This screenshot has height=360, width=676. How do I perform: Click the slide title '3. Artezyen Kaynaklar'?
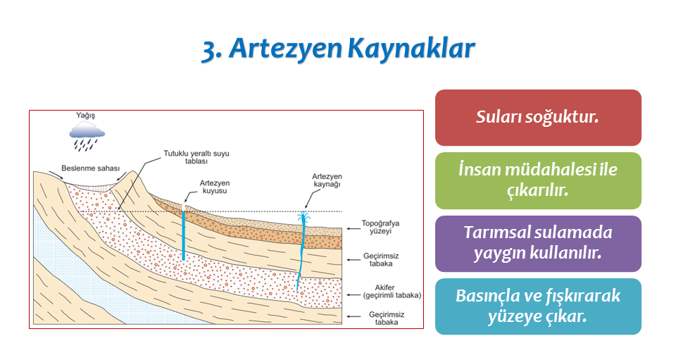point(339,49)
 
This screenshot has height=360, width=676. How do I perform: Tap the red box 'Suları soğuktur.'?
point(538,117)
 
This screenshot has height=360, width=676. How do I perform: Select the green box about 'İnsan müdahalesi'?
point(538,180)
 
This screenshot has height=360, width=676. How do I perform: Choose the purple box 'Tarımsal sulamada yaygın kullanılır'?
point(538,244)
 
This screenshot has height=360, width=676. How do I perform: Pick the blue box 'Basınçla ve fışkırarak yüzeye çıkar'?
point(538,306)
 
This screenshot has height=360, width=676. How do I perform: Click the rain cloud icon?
point(87,136)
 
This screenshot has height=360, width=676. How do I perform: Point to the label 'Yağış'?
point(85,115)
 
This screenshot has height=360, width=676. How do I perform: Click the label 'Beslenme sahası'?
point(91,168)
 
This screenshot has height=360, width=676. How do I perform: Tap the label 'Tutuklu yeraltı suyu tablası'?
point(196,157)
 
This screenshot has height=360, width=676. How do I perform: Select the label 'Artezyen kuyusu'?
point(214,187)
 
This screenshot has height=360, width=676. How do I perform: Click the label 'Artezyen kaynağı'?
point(327,180)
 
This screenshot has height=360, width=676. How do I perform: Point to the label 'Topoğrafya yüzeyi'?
point(380,228)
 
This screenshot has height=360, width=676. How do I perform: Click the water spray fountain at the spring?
point(303,218)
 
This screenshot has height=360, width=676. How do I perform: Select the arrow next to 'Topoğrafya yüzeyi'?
point(353,228)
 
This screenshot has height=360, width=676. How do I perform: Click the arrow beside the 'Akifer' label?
point(353,295)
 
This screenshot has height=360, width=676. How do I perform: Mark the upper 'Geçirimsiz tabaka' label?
point(381,259)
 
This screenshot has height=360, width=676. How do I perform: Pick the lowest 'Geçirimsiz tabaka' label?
point(387,318)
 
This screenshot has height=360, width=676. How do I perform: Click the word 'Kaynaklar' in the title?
point(411,49)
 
